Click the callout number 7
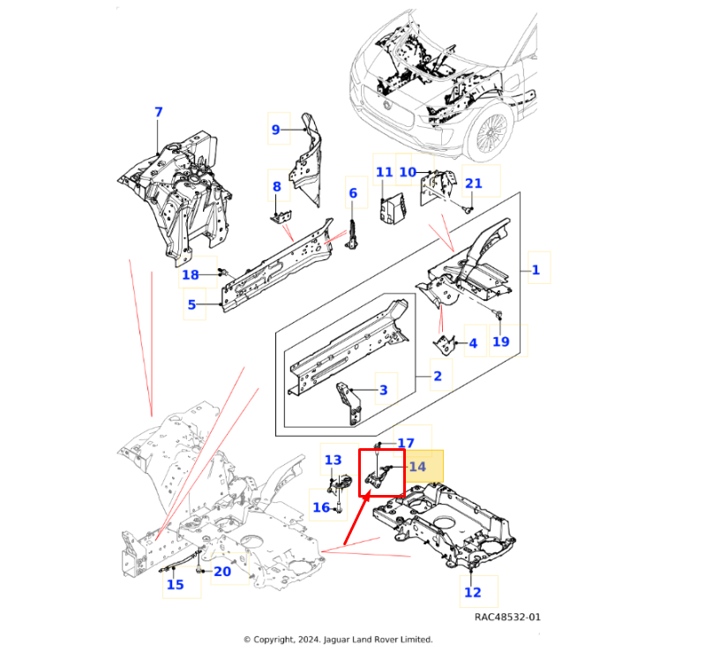point(159,112)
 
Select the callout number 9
point(275,130)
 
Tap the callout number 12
point(473,592)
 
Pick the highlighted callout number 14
point(417,467)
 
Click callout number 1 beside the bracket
point(536,270)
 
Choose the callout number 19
point(500,341)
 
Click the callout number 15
point(176,584)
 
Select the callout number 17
point(406,444)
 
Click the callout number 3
point(383,389)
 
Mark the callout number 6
point(353,193)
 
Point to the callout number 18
point(191,275)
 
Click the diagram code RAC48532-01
point(507,618)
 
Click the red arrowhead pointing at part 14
point(350,534)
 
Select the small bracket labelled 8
point(280,215)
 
